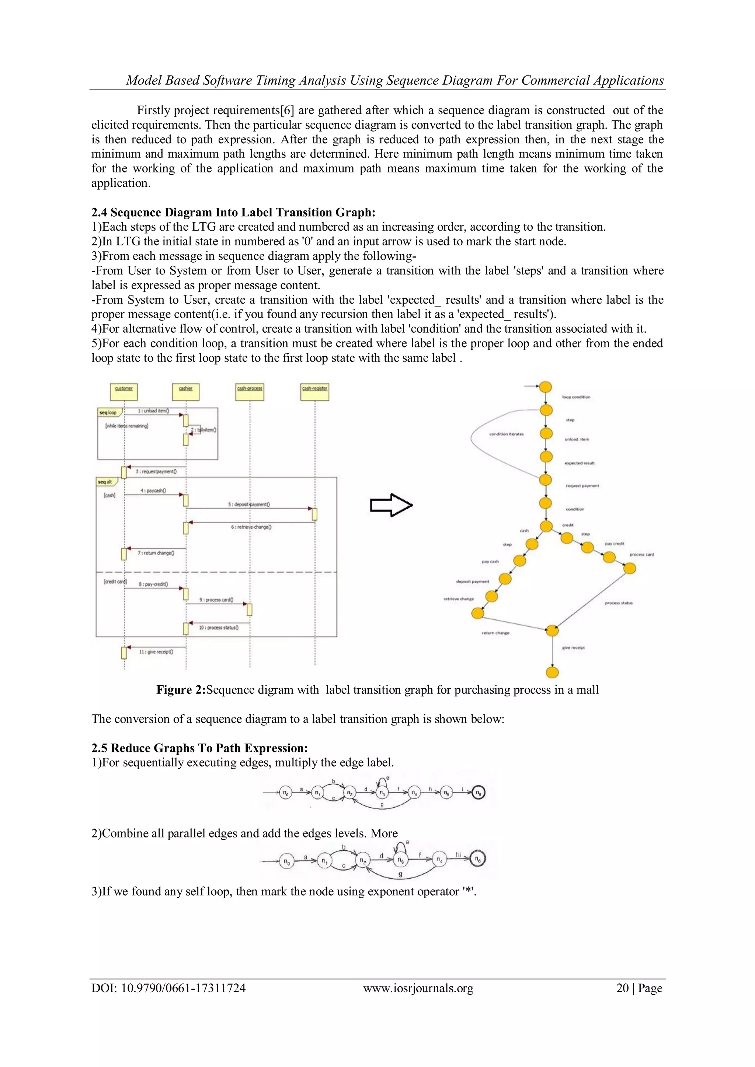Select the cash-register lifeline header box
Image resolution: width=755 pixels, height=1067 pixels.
tap(315, 391)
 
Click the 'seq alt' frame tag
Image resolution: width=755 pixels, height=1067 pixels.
tap(106, 482)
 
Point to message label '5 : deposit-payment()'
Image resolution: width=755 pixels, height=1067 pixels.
tap(249, 504)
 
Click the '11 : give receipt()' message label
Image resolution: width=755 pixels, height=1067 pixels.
tap(156, 652)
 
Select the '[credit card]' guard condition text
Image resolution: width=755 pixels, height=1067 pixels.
tap(115, 581)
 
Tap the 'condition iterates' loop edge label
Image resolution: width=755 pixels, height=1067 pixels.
tap(506, 434)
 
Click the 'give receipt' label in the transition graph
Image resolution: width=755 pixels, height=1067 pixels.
tap(573, 647)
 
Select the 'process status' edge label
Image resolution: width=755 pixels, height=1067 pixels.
tap(618, 603)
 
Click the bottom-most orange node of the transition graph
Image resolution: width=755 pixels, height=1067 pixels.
tap(552, 672)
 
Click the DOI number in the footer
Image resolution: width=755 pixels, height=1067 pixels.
tap(168, 988)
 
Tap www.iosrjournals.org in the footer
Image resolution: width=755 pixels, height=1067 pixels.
tap(418, 988)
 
